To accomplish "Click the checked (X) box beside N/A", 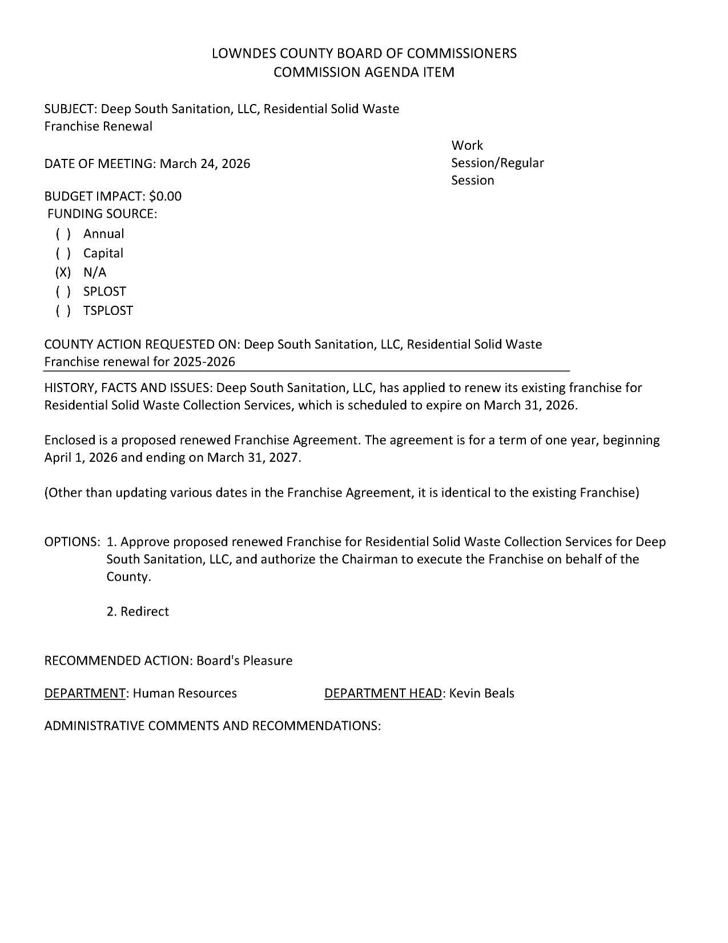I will coord(63,273).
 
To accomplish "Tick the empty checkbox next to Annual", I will coord(63,234).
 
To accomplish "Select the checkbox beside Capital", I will coord(63,254).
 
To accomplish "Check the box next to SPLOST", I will coord(63,292).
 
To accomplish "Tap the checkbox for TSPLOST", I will coord(63,311).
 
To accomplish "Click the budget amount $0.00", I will coord(165,197).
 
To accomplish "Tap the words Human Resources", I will coord(184,694).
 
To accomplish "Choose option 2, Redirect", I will coord(138,612).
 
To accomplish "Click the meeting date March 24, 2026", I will coord(204,164).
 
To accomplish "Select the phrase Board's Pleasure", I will coord(244,661).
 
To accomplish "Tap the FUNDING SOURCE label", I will coord(102,214).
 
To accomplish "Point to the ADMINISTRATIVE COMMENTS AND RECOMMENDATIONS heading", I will coord(212,726).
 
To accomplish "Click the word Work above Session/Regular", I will coord(466,146).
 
